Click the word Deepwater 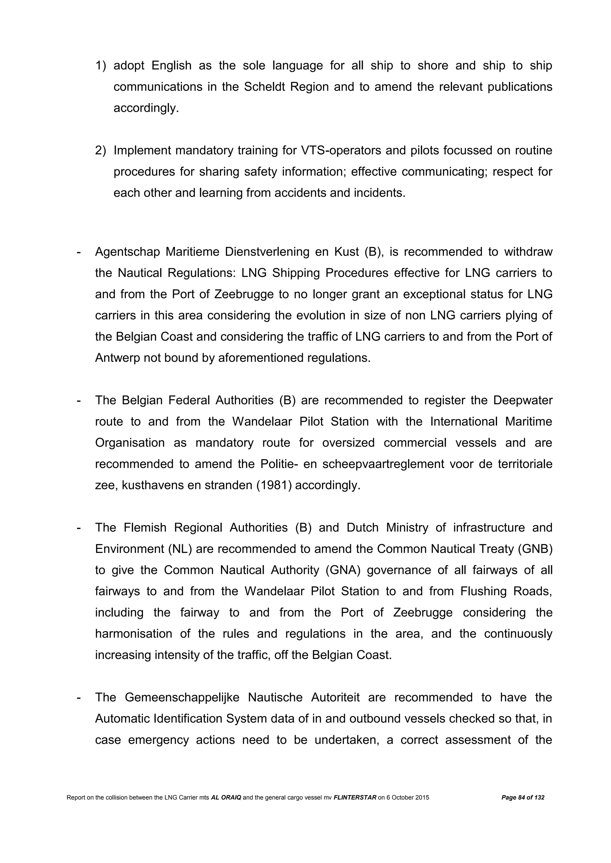[x=523, y=400]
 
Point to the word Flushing [x=483, y=591]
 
